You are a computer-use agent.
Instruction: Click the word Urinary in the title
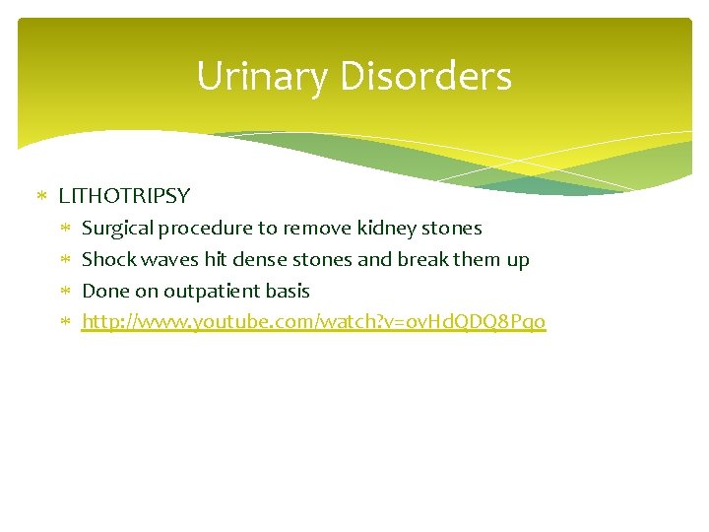pos(258,77)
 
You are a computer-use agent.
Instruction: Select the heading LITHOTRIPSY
pos(124,196)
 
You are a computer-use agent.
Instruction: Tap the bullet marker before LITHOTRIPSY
pos(41,196)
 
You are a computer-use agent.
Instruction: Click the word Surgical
pos(118,229)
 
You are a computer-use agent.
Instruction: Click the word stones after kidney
pos(451,229)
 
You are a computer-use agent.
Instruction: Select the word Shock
pos(107,260)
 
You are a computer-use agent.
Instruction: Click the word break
pos(423,260)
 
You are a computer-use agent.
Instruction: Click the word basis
pos(289,292)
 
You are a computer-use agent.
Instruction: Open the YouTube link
pos(313,322)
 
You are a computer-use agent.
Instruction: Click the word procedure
pos(205,229)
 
